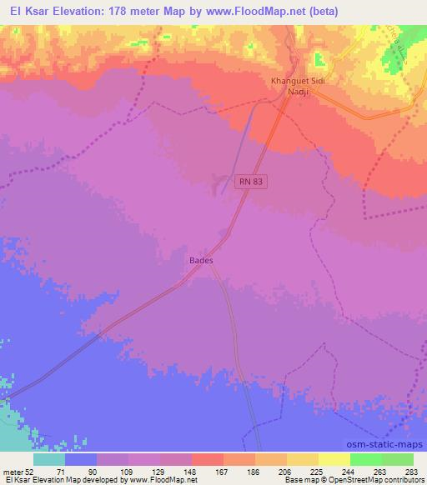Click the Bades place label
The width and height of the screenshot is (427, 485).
[x=201, y=260]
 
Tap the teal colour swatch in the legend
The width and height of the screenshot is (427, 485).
[x=49, y=458]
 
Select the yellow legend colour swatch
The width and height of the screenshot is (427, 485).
[x=334, y=458]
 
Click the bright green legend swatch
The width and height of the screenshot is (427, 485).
[x=365, y=458]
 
